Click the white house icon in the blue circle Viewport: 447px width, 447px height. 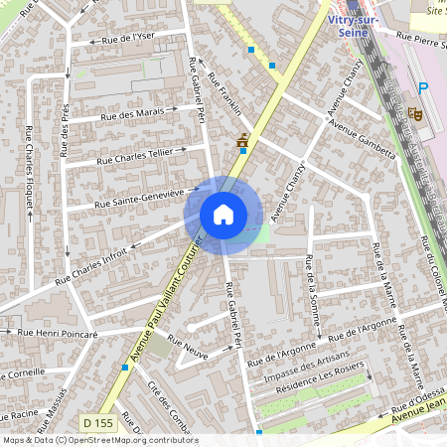pyautogui.click(x=223, y=214)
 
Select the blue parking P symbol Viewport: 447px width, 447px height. pyautogui.click(x=422, y=88)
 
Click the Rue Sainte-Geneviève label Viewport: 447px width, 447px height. pyautogui.click(x=147, y=198)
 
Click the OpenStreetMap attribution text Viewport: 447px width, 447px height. pyautogui.click(x=99, y=440)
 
